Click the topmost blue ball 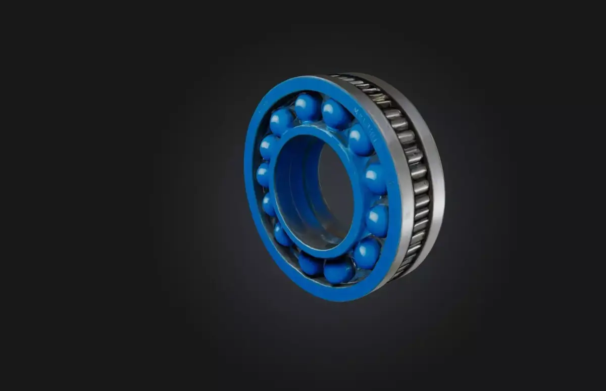pos(307,107)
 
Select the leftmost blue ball pos(263,174)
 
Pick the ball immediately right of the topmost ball pos(336,114)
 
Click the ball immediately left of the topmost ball pos(281,121)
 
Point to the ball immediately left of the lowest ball pos(310,263)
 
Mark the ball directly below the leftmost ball pos(269,204)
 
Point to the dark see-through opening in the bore pos(336,192)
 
